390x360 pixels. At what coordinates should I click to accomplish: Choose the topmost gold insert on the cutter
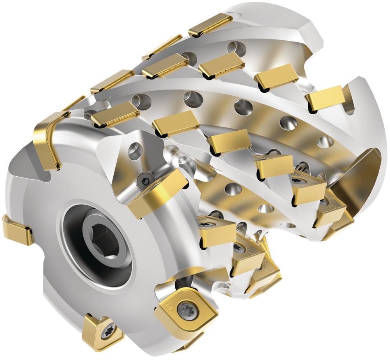(x=209, y=24)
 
